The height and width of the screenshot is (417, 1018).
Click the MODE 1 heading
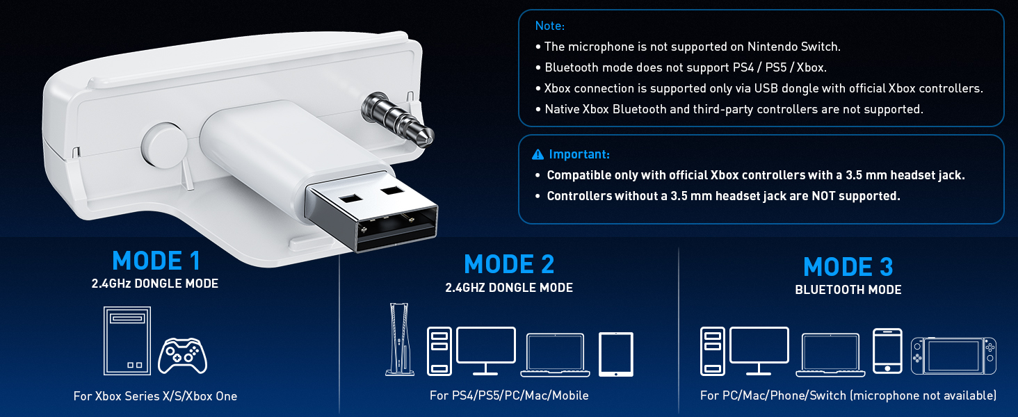pyautogui.click(x=156, y=261)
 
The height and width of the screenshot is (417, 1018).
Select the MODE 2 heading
pyautogui.click(x=509, y=264)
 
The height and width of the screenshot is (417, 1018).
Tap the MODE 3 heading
pyautogui.click(x=848, y=267)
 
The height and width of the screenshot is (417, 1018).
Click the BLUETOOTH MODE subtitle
pyautogui.click(x=848, y=290)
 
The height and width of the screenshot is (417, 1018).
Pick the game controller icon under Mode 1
pyautogui.click(x=182, y=356)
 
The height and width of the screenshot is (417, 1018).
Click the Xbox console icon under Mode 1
pyautogui.click(x=127, y=341)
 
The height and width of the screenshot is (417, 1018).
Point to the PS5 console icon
pyautogui.click(x=399, y=339)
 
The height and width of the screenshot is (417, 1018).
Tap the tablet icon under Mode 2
pyautogui.click(x=616, y=354)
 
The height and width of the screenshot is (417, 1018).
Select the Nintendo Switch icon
pyautogui.click(x=953, y=356)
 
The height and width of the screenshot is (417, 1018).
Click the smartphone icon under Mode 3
pyautogui.click(x=887, y=351)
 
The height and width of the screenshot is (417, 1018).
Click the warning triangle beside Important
pyautogui.click(x=538, y=155)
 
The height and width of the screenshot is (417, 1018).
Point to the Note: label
pyautogui.click(x=550, y=26)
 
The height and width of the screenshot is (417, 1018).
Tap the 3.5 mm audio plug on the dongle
pyautogui.click(x=398, y=120)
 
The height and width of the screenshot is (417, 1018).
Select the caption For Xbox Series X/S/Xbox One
pyautogui.click(x=156, y=396)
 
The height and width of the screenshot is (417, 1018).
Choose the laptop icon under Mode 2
pyautogui.click(x=555, y=355)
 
